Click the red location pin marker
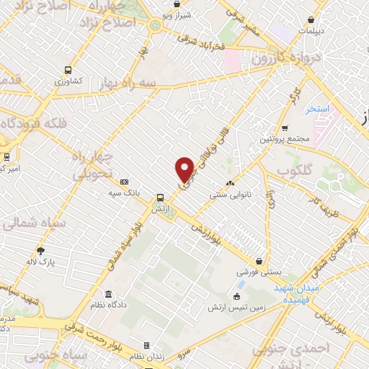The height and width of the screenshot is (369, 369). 185,169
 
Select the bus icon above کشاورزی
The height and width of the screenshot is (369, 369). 68,71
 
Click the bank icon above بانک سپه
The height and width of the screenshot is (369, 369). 124,182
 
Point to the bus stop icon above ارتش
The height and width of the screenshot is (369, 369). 160,196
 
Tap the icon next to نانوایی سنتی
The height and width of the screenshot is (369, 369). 231,183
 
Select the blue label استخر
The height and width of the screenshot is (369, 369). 316,109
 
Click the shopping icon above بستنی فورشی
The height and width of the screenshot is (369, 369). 259,262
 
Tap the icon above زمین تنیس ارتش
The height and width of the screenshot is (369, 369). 237,297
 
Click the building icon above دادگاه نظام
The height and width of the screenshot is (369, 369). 109,295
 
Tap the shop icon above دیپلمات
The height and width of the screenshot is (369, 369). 310,19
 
